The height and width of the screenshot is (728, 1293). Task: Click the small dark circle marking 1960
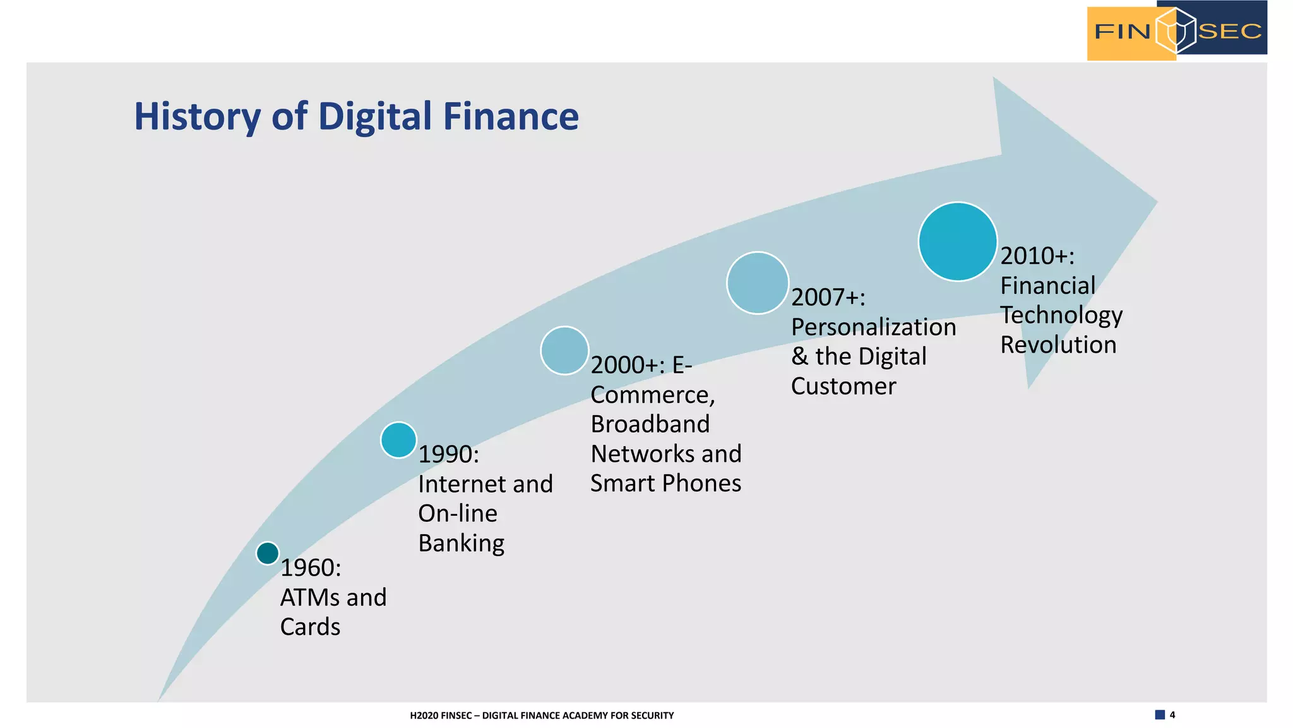pyautogui.click(x=268, y=553)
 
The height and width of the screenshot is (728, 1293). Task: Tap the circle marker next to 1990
pyautogui.click(x=398, y=440)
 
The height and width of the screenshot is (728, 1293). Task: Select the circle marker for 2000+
pyautogui.click(x=564, y=351)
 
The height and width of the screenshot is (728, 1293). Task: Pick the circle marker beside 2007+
pyautogui.click(x=758, y=283)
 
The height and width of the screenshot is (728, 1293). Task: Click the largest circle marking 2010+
pyautogui.click(x=958, y=241)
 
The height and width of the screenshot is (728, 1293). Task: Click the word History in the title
pyautogui.click(x=197, y=117)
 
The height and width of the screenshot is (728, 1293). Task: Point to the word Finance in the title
pyautogui.click(x=511, y=117)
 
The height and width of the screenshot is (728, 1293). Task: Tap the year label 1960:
pyautogui.click(x=311, y=568)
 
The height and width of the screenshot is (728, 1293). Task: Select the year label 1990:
pyautogui.click(x=449, y=454)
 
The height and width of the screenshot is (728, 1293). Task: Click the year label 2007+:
pyautogui.click(x=828, y=297)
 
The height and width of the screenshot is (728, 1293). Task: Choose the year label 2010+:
pyautogui.click(x=1037, y=256)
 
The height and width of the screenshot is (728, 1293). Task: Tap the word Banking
pyautogui.click(x=461, y=543)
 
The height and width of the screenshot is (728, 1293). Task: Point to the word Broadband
pyautogui.click(x=650, y=424)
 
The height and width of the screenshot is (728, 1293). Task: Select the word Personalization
pyautogui.click(x=873, y=327)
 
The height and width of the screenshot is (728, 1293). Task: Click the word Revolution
pyautogui.click(x=1058, y=345)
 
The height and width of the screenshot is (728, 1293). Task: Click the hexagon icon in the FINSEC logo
pyautogui.click(x=1176, y=30)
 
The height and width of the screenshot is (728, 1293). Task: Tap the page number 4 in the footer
pyautogui.click(x=1172, y=715)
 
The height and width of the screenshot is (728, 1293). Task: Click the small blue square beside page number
pyautogui.click(x=1160, y=715)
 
